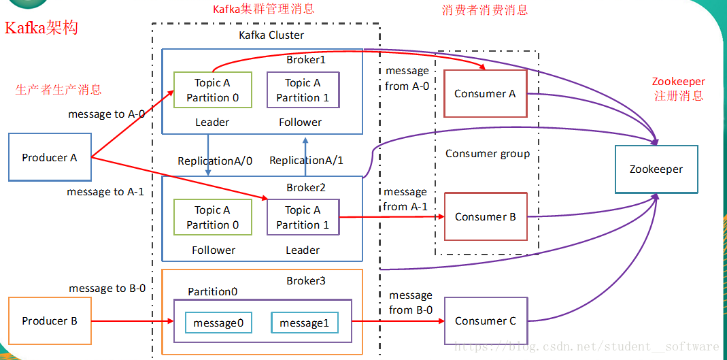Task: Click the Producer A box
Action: pyautogui.click(x=49, y=157)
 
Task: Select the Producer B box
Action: pyautogui.click(x=49, y=321)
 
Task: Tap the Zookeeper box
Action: pyautogui.click(x=656, y=169)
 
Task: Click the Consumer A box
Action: pyautogui.click(x=485, y=94)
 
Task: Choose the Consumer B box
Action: pyautogui.click(x=485, y=216)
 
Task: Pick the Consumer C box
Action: pyautogui.click(x=485, y=321)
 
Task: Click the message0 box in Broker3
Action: pyautogui.click(x=218, y=323)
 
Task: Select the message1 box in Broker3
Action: pyautogui.click(x=304, y=323)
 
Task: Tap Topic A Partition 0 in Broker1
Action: pyautogui.click(x=212, y=90)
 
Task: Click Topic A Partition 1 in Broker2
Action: pyautogui.click(x=303, y=217)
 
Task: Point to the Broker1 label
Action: pyautogui.click(x=306, y=60)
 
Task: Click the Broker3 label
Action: pyautogui.click(x=306, y=280)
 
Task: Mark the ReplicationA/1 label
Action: pyautogui.click(x=306, y=161)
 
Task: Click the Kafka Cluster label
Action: pyautogui.click(x=271, y=35)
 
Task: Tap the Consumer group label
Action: pyautogui.click(x=488, y=153)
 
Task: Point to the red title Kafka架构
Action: pyautogui.click(x=41, y=28)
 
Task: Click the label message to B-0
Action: pyautogui.click(x=107, y=288)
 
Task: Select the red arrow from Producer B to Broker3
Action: pyautogui.click(x=129, y=321)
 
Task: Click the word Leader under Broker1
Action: pyautogui.click(x=212, y=122)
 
